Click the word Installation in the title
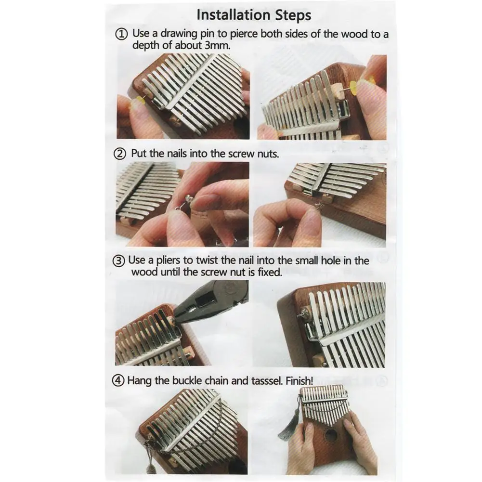234,15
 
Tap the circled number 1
121,34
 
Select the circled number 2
120,154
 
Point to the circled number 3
118,261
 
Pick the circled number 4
118,381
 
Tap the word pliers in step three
168,261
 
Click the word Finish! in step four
299,381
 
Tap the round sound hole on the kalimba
331,436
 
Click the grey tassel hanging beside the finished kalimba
288,424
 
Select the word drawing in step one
179,34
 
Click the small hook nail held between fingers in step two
185,203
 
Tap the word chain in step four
217,381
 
